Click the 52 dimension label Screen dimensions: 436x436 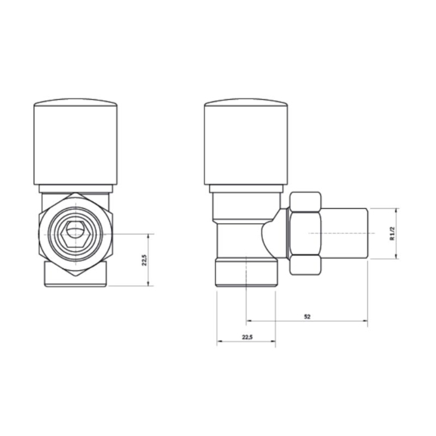307,316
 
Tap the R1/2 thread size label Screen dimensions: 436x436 392,234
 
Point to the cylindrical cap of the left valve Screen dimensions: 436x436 76,142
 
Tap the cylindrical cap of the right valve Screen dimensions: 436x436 246,142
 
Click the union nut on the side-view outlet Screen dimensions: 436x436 305,233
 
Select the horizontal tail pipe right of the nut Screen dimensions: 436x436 344,233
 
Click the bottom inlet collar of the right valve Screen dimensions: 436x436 246,272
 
